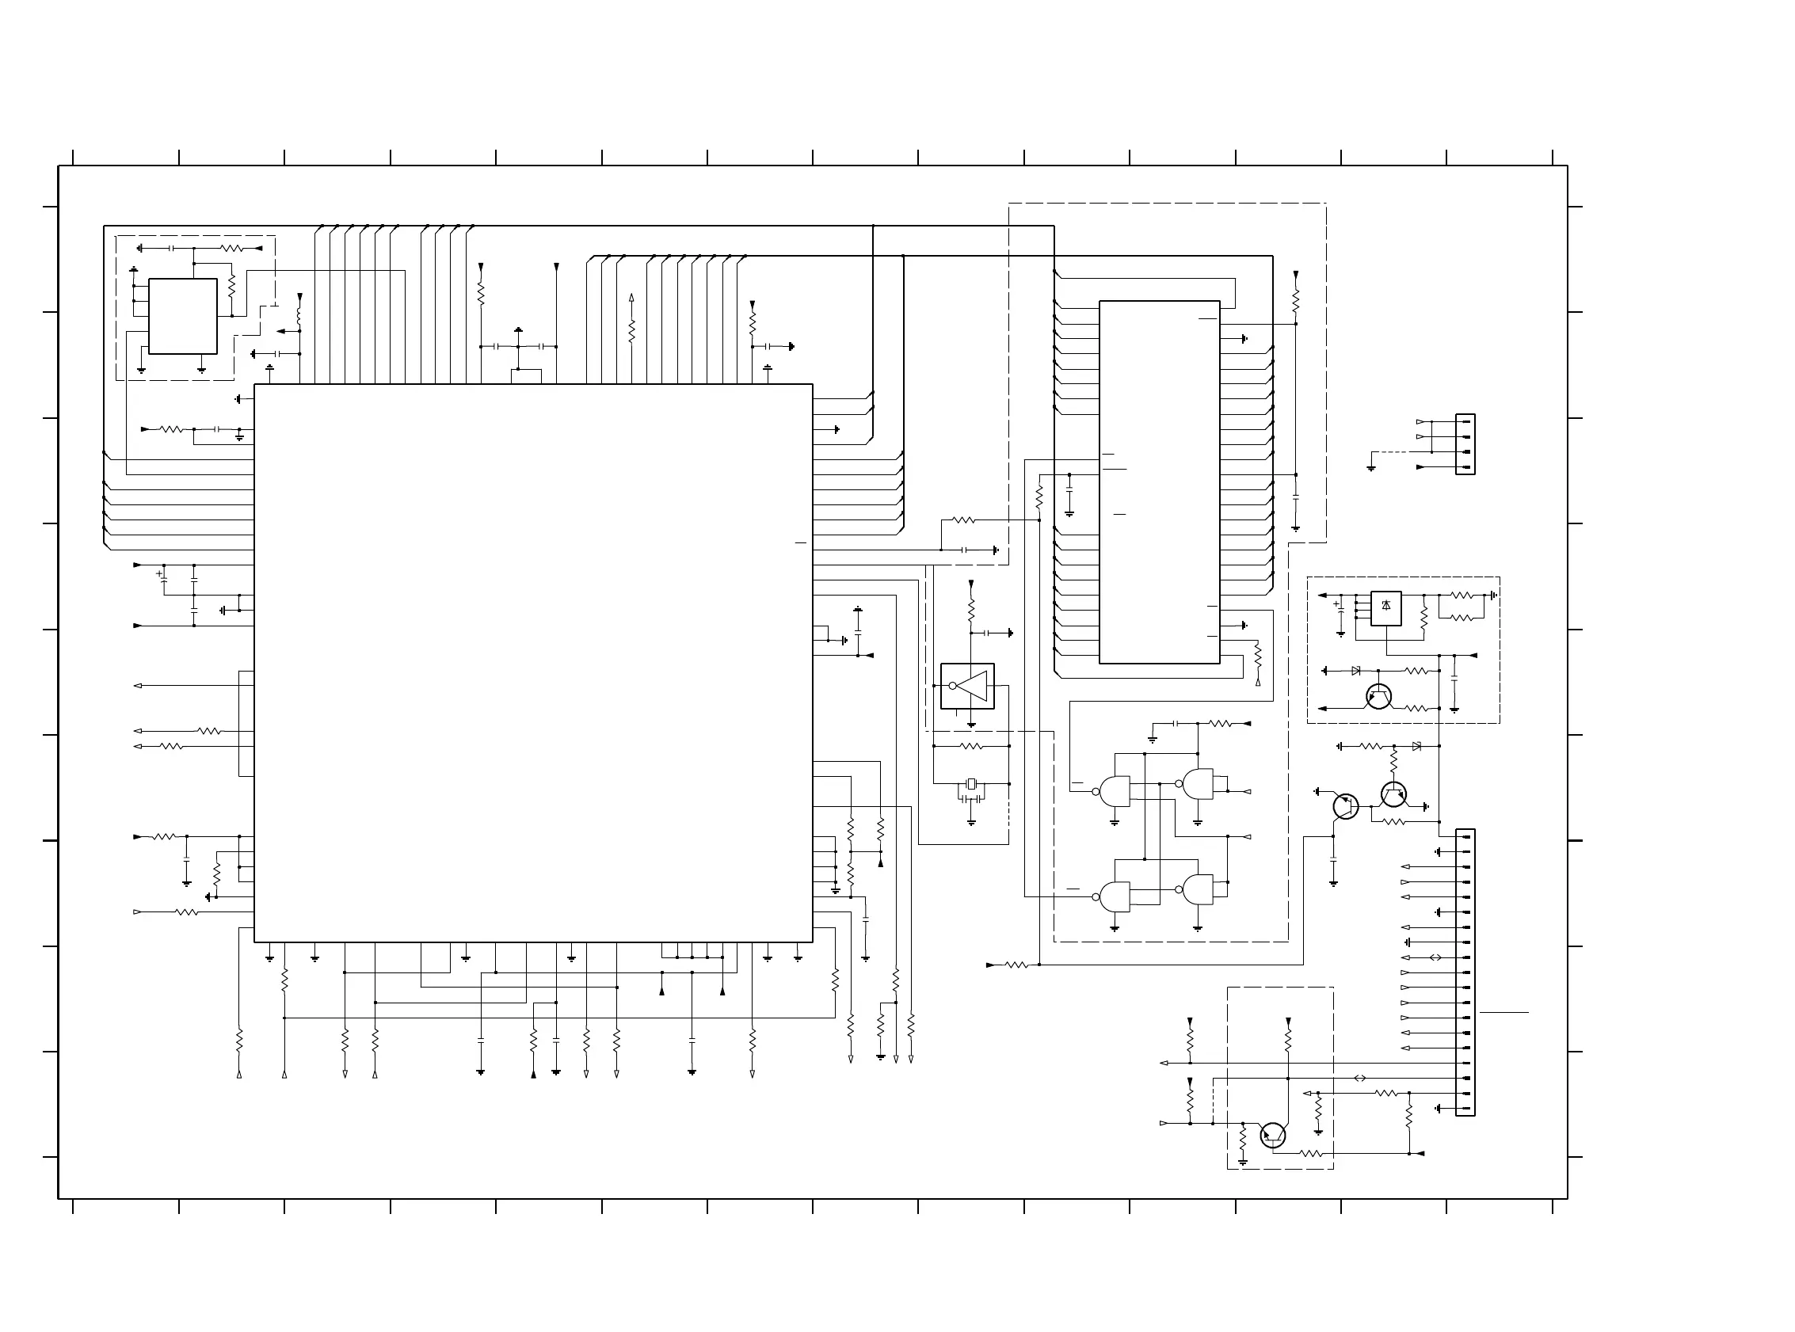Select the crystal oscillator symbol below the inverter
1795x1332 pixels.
(971, 784)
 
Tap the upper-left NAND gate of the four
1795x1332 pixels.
(1115, 792)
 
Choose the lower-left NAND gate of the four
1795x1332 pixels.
(1115, 896)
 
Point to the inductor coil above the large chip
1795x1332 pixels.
(299, 316)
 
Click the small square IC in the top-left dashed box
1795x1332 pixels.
(183, 316)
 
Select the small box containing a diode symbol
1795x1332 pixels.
(1385, 609)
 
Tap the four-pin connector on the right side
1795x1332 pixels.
(1465, 444)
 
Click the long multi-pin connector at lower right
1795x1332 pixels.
(1465, 972)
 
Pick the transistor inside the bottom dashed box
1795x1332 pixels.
(1272, 1136)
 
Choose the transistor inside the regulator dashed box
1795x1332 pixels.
(1379, 697)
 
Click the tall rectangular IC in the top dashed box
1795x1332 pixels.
(1159, 482)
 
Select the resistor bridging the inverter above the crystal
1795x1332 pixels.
(972, 747)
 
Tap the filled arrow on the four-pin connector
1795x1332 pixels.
(1421, 467)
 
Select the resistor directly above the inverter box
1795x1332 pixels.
(971, 610)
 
